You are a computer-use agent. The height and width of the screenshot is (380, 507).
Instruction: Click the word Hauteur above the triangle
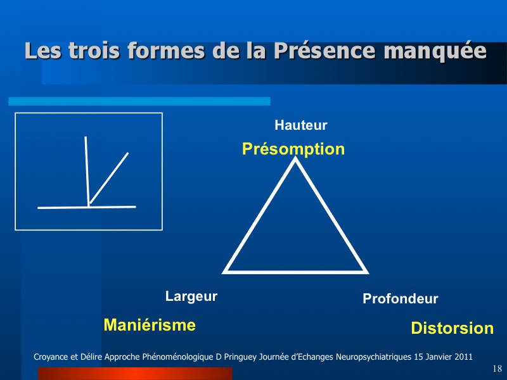click(300, 125)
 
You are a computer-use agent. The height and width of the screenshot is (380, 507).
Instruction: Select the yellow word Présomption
click(293, 149)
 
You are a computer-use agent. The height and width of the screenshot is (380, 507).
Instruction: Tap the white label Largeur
click(191, 296)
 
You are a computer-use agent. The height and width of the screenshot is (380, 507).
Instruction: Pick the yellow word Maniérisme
click(150, 325)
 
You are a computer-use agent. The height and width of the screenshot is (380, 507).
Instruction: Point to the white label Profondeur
click(401, 298)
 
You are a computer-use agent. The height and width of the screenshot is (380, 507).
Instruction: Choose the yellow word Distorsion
click(452, 328)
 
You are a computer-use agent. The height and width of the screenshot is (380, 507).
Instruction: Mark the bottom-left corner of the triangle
click(222, 273)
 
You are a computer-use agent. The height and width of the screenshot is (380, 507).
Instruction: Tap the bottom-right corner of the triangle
click(368, 273)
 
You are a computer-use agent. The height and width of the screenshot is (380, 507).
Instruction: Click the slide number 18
click(497, 369)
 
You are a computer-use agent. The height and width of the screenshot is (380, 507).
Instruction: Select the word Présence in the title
click(324, 51)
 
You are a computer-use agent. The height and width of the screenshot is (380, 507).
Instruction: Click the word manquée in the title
click(435, 51)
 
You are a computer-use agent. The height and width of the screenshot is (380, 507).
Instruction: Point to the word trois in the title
click(94, 51)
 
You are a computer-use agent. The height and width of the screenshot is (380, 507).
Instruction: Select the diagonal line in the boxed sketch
click(109, 178)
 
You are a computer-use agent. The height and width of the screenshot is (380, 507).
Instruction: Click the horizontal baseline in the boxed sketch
click(87, 207)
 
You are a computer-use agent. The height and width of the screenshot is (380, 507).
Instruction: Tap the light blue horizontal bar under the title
click(139, 101)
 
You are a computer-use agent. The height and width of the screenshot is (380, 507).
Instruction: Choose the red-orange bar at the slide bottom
click(135, 374)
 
